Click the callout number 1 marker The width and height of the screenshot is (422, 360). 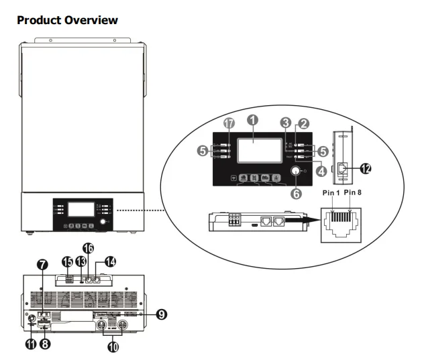coord(254,119)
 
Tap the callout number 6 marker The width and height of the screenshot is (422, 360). coord(295,193)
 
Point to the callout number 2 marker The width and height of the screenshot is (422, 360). coord(304,123)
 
